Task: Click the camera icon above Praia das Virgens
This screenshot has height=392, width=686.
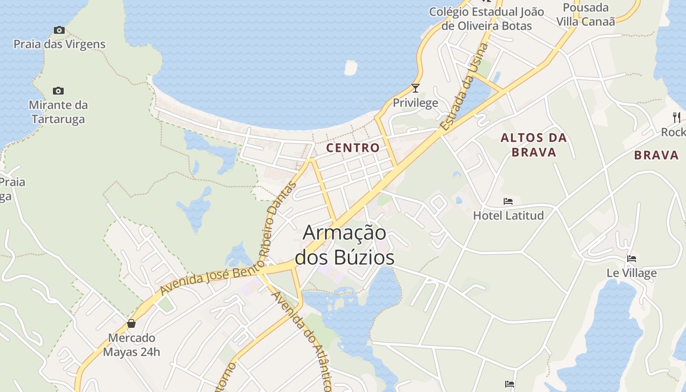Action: coord(59,30)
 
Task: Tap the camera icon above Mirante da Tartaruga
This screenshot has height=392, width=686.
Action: coord(58,91)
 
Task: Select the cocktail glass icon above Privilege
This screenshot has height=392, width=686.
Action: coord(416,88)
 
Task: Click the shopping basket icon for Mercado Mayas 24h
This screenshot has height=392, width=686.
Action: coord(131,323)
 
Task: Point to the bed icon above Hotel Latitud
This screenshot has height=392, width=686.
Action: coord(508,201)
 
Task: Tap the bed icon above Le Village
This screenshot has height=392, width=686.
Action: coord(632,259)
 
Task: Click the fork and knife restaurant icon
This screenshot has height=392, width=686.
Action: coord(677,117)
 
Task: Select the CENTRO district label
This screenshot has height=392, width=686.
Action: coord(353,147)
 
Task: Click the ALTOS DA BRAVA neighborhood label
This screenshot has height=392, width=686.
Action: coord(534,145)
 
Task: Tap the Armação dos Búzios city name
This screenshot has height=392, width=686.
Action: coord(344,245)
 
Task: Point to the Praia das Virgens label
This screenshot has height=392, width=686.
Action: coord(59,44)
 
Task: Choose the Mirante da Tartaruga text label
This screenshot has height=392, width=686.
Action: coord(58,112)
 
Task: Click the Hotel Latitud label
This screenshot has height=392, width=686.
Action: coord(508,215)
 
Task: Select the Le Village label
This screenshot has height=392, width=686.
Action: coord(632,273)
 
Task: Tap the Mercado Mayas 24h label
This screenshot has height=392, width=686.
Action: coord(131,344)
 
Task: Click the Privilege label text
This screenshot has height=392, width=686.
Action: coord(416,103)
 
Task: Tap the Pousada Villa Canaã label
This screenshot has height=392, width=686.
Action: coord(586,15)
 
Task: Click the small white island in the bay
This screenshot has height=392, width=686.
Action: coord(351,68)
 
